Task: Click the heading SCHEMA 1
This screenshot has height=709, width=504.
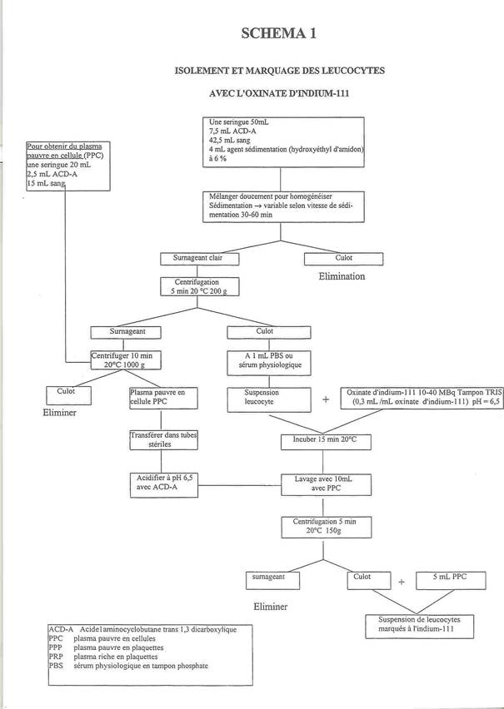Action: (x=278, y=33)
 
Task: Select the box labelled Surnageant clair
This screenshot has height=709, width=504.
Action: (x=200, y=259)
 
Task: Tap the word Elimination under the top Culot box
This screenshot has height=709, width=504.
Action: (x=342, y=276)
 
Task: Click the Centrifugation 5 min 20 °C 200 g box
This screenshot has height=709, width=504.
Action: (x=200, y=286)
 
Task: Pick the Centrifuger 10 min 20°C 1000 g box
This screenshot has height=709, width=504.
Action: (x=126, y=360)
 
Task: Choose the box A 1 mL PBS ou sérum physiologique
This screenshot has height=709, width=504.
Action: (x=269, y=363)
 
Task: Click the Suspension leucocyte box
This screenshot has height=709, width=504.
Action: (x=269, y=399)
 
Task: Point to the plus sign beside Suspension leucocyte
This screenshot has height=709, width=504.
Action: (x=326, y=399)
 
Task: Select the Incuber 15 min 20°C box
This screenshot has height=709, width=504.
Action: (x=326, y=442)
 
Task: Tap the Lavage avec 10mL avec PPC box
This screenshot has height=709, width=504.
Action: (x=326, y=484)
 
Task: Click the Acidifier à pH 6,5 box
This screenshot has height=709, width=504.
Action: (x=164, y=484)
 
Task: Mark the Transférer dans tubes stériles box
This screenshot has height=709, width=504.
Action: (x=163, y=439)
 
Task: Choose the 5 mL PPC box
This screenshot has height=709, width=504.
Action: (x=451, y=581)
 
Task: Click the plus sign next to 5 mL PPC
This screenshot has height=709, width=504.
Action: (x=402, y=582)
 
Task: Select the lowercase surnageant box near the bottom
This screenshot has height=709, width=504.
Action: (x=272, y=581)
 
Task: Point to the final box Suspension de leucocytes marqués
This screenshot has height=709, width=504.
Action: (x=419, y=626)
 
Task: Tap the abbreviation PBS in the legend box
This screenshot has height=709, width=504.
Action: (x=56, y=666)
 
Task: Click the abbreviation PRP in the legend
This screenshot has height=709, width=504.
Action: (x=56, y=657)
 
